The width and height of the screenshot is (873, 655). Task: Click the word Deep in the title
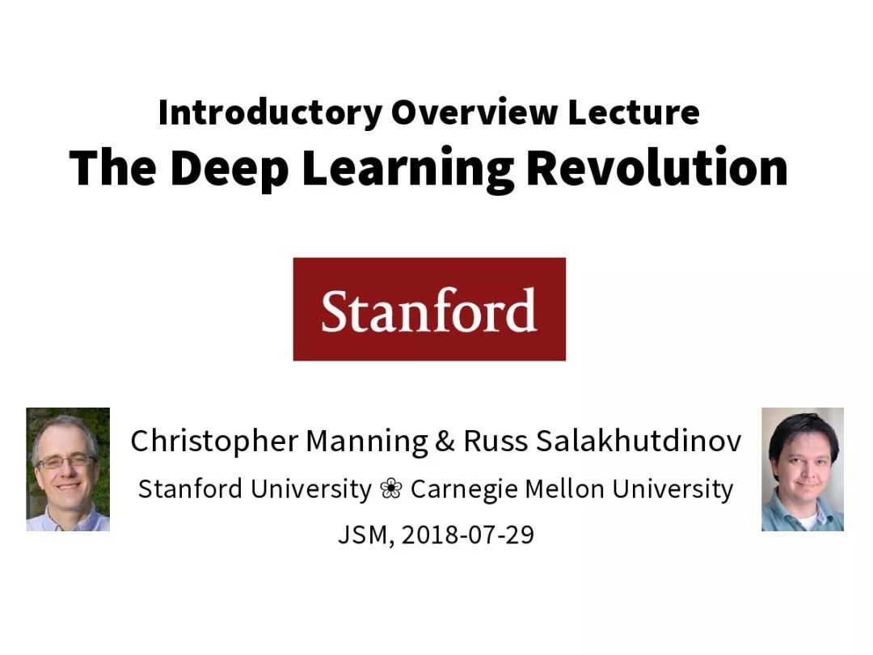pos(229,169)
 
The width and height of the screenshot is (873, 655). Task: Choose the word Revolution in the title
pos(657,167)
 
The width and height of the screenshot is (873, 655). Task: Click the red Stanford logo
pos(429,309)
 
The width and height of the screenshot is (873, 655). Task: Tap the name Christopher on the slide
pos(214,442)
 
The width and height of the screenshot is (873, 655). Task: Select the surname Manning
pos(367,442)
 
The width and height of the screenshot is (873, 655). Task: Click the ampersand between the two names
pos(445,442)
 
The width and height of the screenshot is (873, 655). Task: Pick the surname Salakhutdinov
pos(639,442)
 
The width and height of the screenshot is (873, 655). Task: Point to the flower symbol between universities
pos(391,489)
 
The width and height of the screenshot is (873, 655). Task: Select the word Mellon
pos(564,489)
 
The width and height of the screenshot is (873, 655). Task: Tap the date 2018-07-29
pos(468,535)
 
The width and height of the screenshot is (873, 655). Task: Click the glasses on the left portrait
pos(66,462)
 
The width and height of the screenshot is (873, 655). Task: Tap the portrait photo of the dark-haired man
pos(803,469)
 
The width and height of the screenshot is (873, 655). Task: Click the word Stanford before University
pos(190,489)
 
